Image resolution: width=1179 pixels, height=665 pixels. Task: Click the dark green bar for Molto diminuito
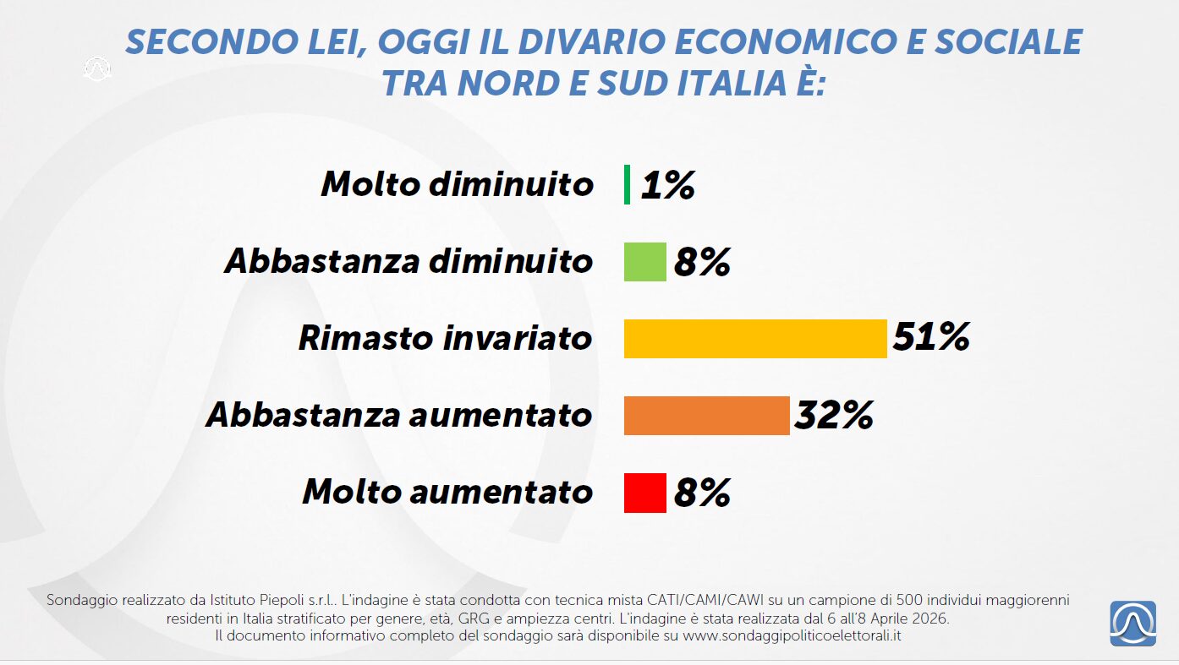point(627,184)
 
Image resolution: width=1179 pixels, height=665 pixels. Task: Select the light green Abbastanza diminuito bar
point(644,261)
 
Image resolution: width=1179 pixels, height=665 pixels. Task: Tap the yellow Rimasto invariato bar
point(754,338)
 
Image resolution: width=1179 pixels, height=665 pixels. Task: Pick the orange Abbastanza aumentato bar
point(706,415)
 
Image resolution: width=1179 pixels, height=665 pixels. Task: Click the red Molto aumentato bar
point(644,492)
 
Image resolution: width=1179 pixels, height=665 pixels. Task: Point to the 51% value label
point(930,338)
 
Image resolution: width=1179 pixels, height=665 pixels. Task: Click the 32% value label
point(834,415)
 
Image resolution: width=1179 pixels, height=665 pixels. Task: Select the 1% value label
point(667,185)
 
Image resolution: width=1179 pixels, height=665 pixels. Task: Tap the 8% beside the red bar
point(702,493)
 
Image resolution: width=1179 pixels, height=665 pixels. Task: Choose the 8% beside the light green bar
point(702,262)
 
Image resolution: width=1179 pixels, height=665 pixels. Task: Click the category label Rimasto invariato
point(445,338)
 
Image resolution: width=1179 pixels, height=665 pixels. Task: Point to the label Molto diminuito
point(457,184)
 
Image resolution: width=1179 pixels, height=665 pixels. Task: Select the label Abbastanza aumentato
point(398,415)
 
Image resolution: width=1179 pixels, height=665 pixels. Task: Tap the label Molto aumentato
point(447,492)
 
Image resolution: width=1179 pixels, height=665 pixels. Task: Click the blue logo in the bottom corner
point(1132,624)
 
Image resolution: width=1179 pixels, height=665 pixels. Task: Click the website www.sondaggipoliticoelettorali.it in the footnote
point(791,635)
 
